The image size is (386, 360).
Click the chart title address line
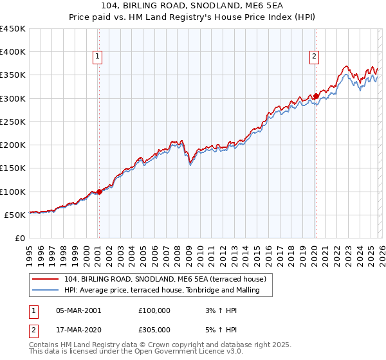coord(192,6)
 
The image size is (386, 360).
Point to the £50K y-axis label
coord(14,215)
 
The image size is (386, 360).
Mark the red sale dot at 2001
coord(99,192)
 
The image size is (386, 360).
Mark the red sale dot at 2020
coord(316,96)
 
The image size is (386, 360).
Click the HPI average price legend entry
coord(161,290)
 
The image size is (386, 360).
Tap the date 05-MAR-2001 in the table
coord(78,310)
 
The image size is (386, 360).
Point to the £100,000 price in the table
coord(154,310)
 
